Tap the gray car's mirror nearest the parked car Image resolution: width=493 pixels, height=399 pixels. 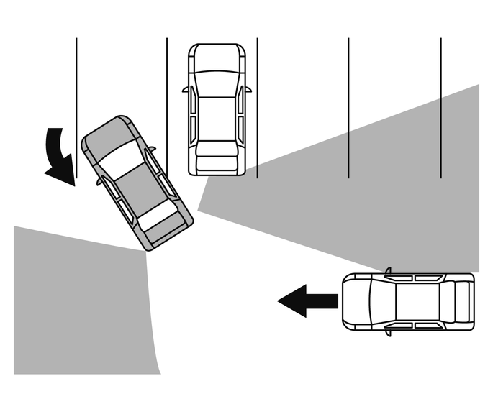click(152, 150)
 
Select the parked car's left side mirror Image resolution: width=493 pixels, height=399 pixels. click(186, 91)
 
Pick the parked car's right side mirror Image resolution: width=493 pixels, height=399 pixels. click(248, 90)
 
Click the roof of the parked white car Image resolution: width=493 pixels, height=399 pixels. click(216, 111)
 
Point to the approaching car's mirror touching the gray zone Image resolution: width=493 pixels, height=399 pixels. click(388, 271)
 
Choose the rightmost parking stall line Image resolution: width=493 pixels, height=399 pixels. click(440, 108)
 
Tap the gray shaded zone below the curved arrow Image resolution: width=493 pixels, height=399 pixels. click(79, 302)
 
